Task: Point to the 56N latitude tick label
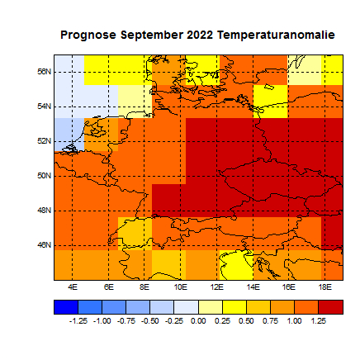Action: [46, 72]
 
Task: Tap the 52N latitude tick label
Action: [46, 141]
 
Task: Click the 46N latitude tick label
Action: [46, 245]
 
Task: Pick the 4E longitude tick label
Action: [73, 287]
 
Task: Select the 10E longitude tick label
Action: [180, 287]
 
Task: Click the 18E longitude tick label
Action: [324, 287]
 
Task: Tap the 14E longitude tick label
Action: [253, 287]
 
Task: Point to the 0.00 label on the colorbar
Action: [199, 320]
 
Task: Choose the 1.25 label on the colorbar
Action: [319, 320]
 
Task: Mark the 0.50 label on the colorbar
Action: [247, 320]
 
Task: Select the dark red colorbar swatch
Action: [330, 306]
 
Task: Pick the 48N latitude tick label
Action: [46, 211]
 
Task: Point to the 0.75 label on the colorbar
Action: [271, 320]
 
